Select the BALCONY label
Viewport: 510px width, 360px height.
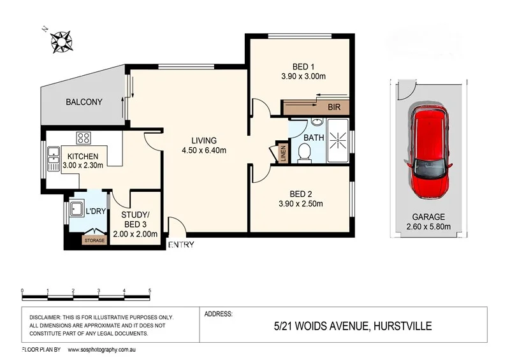click(84, 102)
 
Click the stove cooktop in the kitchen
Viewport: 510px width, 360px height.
click(84, 137)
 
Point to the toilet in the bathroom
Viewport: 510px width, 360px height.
click(304, 151)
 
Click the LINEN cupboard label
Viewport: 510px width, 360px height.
click(280, 153)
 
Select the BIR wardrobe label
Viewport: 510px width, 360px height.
click(334, 108)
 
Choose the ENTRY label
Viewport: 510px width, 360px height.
click(181, 245)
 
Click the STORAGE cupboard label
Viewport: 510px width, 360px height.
click(94, 241)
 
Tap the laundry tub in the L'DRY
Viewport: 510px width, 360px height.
click(76, 208)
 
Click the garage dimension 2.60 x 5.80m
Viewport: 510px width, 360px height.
click(428, 226)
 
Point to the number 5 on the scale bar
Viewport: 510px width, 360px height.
click(150, 291)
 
